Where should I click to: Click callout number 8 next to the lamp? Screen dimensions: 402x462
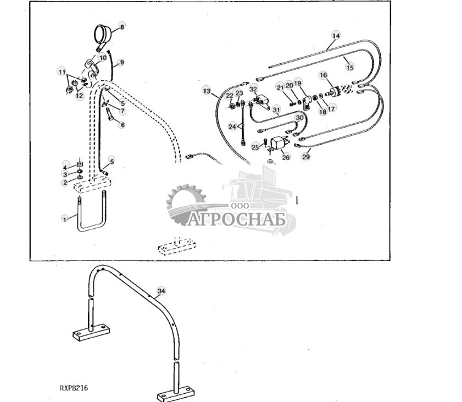[x=122, y=26]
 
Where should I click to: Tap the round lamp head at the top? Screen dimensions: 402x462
[x=102, y=34]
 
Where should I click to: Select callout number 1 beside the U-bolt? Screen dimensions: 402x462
[x=65, y=218]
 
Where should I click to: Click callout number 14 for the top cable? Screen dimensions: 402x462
[x=336, y=36]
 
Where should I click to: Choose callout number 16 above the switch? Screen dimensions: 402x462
[x=323, y=75]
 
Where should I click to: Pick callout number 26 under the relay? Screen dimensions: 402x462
[x=285, y=157]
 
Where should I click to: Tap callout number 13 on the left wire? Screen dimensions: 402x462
[x=206, y=90]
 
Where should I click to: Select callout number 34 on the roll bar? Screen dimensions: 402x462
[x=161, y=290]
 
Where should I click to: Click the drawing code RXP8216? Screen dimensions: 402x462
[x=74, y=388]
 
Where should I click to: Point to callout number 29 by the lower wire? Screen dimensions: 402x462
[x=306, y=157]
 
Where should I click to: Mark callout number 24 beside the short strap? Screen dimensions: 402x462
[x=232, y=126]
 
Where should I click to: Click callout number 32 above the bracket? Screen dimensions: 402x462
[x=253, y=89]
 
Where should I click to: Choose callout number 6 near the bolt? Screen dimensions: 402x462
[x=122, y=125]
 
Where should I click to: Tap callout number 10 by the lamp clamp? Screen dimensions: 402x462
[x=102, y=57]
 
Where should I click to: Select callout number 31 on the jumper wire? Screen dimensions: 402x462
[x=276, y=110]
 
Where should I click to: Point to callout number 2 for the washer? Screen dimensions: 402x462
[x=65, y=183]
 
